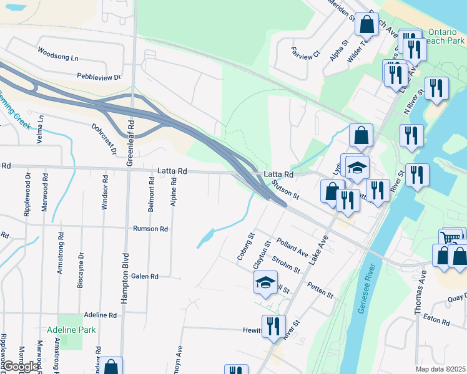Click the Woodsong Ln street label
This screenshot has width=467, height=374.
click(58, 54)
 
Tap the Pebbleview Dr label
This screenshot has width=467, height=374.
click(99, 77)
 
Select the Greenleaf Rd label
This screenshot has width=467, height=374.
click(131, 143)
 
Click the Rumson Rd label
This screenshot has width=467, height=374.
click(150, 229)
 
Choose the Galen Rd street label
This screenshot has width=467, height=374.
click(145, 276)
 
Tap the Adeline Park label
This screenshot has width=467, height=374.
click(72, 330)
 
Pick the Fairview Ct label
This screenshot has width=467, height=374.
click(305, 52)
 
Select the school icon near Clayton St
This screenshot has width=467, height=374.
click(265, 283)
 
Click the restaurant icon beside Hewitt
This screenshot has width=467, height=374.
click(273, 326)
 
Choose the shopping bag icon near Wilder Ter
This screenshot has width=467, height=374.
click(366, 24)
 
